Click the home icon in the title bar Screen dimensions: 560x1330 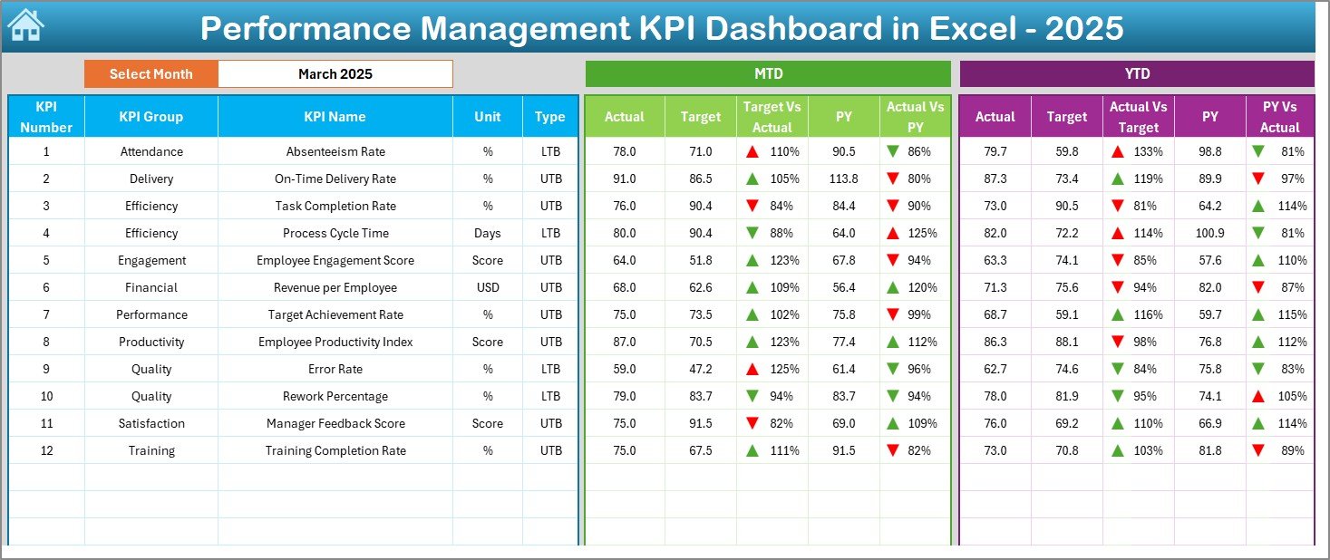(x=25, y=26)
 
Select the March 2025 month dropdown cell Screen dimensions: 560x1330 (x=335, y=74)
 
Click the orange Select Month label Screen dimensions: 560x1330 (x=150, y=74)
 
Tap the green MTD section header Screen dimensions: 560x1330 (x=768, y=74)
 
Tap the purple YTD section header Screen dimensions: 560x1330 (x=1136, y=74)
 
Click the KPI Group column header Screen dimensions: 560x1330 (x=150, y=117)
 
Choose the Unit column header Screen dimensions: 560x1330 (x=488, y=117)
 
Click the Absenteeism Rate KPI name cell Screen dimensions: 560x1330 (x=335, y=151)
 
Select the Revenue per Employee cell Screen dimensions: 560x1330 (x=335, y=287)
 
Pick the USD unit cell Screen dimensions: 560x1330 (x=488, y=287)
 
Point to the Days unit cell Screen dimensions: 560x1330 (x=488, y=233)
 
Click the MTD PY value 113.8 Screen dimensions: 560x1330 (x=843, y=179)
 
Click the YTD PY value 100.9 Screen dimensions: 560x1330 (x=1209, y=233)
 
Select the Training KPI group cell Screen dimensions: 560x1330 (x=150, y=450)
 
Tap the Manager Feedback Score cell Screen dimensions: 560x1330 (x=335, y=423)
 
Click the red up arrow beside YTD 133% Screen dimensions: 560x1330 (x=1118, y=151)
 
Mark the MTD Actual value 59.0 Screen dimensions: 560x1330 (x=624, y=369)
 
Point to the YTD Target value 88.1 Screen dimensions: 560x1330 (x=1066, y=342)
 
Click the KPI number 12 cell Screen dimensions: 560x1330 (x=46, y=450)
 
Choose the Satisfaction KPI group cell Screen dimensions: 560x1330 (x=150, y=423)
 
